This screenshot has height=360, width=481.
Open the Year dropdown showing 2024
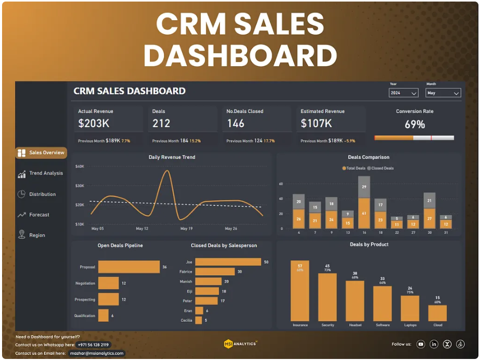coord(403,93)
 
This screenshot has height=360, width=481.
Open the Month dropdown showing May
coord(443,93)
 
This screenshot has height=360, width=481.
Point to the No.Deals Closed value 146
coord(235,124)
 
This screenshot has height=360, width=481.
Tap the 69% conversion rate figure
coord(414,125)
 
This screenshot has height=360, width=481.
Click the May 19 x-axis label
coord(186,229)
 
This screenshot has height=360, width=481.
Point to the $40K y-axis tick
coord(80,167)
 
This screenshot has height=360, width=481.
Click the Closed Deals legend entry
coord(381,168)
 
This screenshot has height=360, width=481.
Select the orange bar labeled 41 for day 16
coord(364,213)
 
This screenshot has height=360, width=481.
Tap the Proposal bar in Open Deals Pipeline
coord(129,267)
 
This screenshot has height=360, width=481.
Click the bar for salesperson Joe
coord(228,262)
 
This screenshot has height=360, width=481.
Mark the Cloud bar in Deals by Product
coord(437,313)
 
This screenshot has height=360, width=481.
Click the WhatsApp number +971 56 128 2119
coord(94,344)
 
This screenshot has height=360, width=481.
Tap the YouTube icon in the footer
coord(420,344)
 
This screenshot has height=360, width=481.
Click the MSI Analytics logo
coord(240,343)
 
